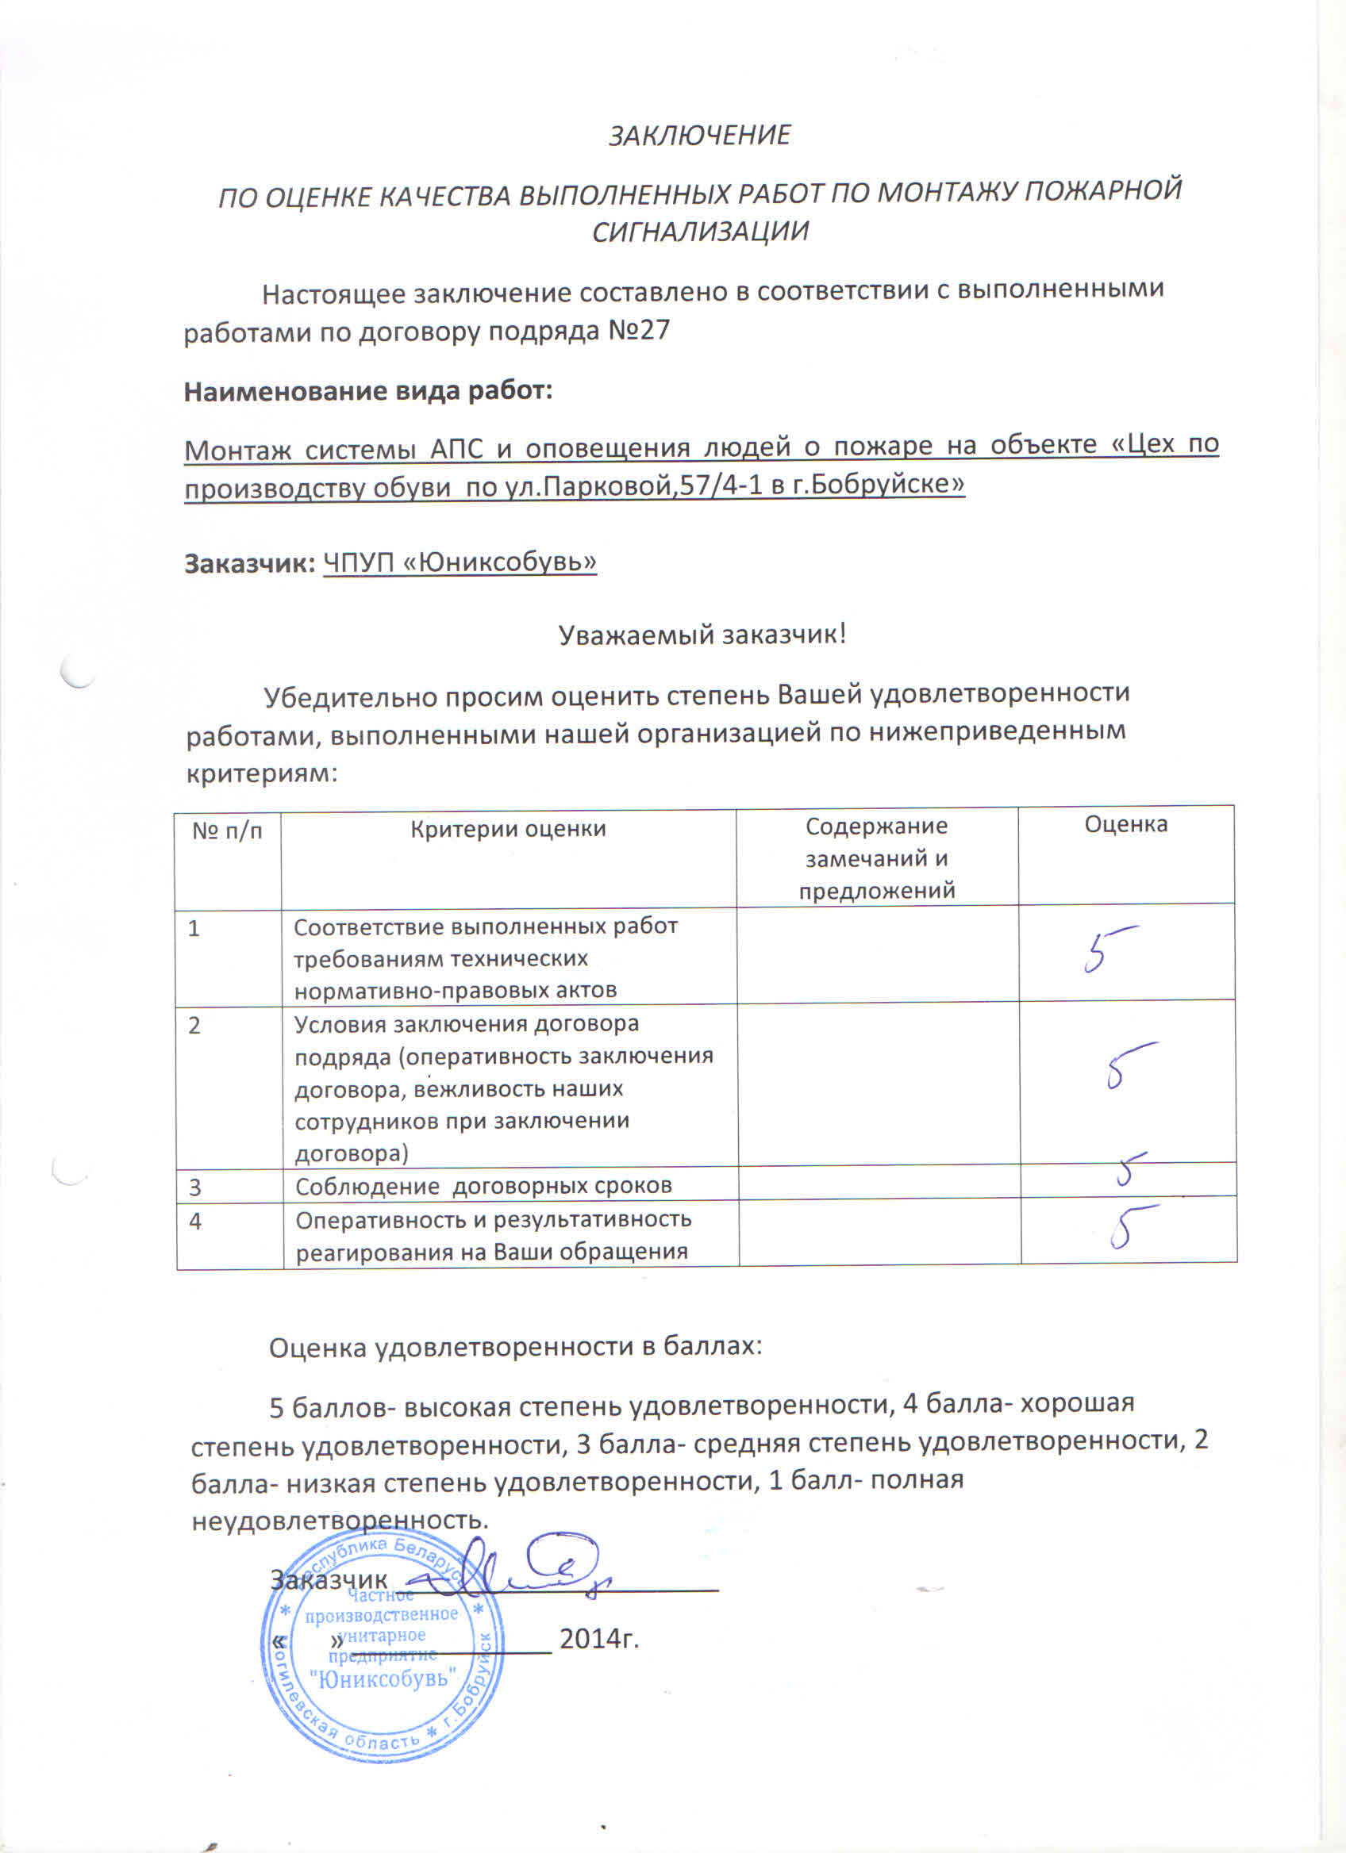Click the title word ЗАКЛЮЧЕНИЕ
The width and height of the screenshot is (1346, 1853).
699,135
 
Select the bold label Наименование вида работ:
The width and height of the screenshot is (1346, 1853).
368,391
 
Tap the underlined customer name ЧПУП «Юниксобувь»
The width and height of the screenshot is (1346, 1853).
460,562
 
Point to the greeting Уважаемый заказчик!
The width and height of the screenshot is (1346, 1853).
702,634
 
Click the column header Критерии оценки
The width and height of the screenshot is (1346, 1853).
507,829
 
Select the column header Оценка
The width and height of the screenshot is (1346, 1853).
1125,824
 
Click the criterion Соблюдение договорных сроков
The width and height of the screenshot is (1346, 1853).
483,1186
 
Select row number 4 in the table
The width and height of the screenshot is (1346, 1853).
195,1222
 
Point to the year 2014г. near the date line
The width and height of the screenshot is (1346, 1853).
599,1638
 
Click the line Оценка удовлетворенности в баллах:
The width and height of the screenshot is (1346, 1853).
516,1346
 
